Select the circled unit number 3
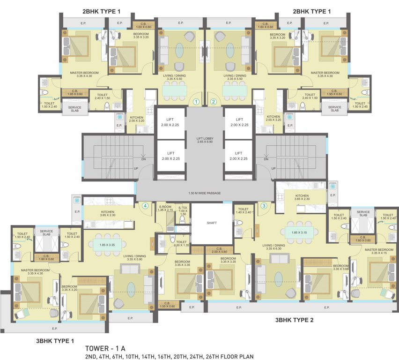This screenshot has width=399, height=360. (x=264, y=205)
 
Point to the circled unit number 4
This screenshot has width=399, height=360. (x=145, y=205)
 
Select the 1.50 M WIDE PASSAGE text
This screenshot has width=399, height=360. (x=204, y=193)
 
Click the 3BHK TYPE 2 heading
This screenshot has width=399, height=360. (x=294, y=321)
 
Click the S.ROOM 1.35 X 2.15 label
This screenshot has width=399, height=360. (x=165, y=209)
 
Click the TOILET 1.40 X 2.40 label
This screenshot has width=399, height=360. (x=243, y=210)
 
